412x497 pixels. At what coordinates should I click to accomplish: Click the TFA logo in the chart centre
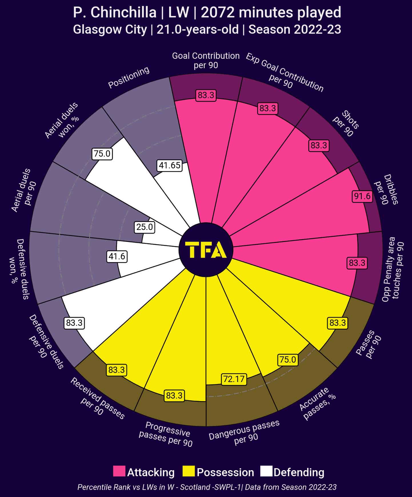coord(206,250)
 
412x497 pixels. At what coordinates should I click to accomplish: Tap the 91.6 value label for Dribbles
coord(362,196)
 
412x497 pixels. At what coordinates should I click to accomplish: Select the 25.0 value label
coord(145,227)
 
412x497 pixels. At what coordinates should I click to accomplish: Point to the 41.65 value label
coord(170,165)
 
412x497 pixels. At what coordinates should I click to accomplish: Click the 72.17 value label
coord(234,379)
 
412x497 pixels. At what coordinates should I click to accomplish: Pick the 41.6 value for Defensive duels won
coord(117,256)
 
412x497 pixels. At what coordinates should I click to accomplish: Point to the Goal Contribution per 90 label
coord(206,60)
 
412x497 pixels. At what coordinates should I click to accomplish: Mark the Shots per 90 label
coord(346,124)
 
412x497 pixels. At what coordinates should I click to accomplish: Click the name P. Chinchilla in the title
coord(115,13)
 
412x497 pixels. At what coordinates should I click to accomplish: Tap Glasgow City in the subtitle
coord(110,29)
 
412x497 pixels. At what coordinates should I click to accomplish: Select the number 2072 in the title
coord(217,13)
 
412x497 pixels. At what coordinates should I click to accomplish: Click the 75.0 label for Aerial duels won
coord(102,154)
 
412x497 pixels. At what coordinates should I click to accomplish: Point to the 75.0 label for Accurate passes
coord(288,360)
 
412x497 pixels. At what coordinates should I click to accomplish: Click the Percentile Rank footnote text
coord(207,487)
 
